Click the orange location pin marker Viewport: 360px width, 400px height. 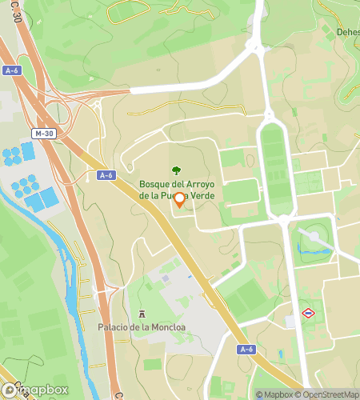tap(179, 200)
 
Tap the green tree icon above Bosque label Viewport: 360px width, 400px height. tap(176, 170)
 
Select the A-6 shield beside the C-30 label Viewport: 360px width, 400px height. tap(11, 70)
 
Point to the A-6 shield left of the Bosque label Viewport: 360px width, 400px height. tap(106, 175)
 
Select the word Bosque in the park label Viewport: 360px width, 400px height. tap(158, 183)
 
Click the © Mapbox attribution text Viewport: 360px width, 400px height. tap(274, 394)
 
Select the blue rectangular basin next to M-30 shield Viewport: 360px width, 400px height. tap(29, 150)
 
